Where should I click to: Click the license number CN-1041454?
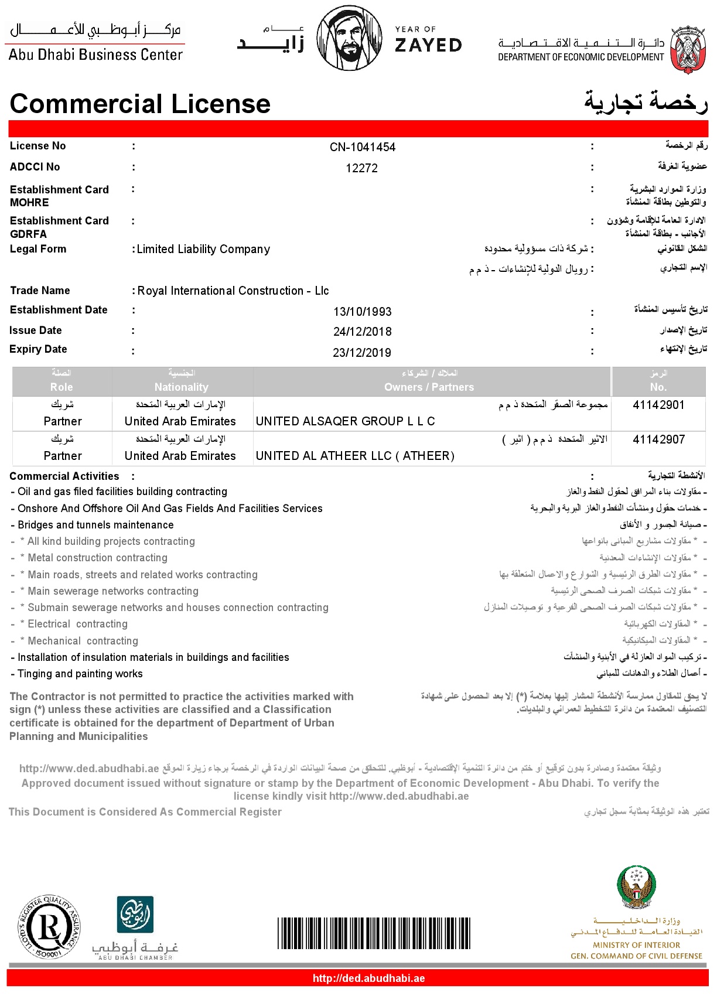pos(362,147)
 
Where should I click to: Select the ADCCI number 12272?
pos(361,168)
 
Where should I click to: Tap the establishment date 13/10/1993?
pos(362,312)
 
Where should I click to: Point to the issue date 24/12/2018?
pos(362,332)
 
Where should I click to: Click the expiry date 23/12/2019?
pos(361,353)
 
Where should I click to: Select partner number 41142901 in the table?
pos(658,405)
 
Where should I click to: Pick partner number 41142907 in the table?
pos(658,439)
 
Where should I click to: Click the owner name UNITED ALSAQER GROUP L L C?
pos(345,421)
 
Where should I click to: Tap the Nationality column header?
pos(182,387)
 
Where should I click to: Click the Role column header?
pos(62,387)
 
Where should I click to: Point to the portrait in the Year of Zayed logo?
pos(348,38)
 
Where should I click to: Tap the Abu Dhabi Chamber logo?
pos(135,927)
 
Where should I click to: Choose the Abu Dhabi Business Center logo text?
pos(95,54)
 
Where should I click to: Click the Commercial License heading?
pos(140,104)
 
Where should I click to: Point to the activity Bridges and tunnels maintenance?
pos(95,525)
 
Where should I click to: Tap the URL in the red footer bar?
pos(368,978)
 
